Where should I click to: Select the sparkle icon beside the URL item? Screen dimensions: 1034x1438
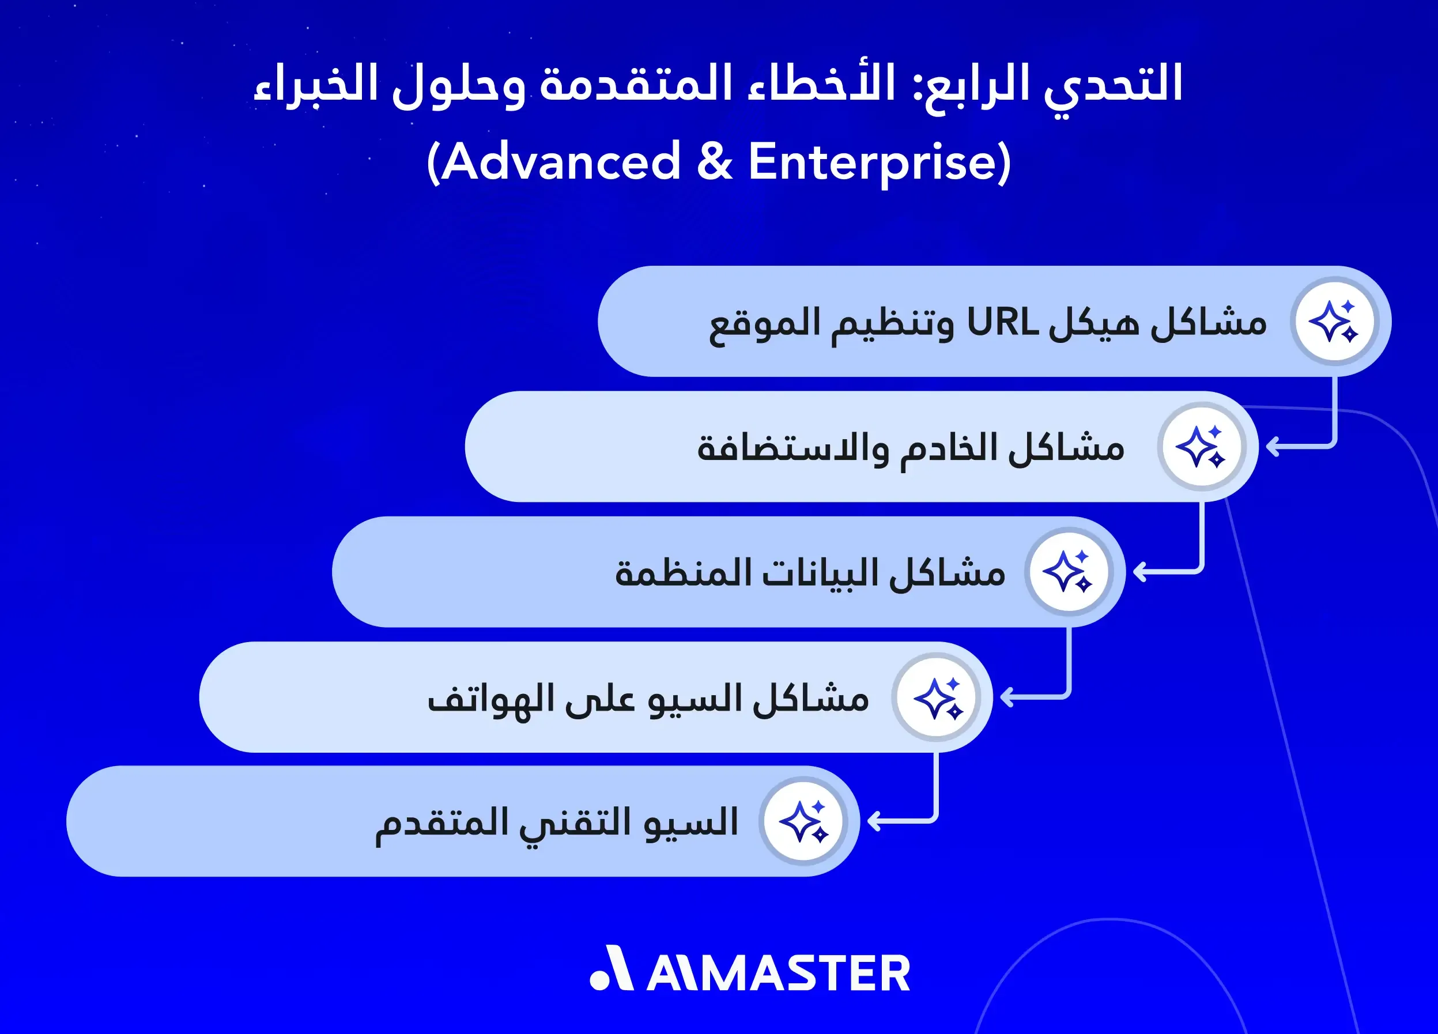(x=1334, y=322)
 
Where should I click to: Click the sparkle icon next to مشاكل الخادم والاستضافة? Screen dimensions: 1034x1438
(x=1201, y=447)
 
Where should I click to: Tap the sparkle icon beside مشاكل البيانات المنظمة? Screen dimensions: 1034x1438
(x=1069, y=572)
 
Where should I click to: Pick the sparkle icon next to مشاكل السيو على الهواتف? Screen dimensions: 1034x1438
(x=937, y=697)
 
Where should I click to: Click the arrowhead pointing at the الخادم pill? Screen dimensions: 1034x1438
(x=1272, y=447)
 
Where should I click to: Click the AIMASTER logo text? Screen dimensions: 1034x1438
(x=779, y=973)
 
